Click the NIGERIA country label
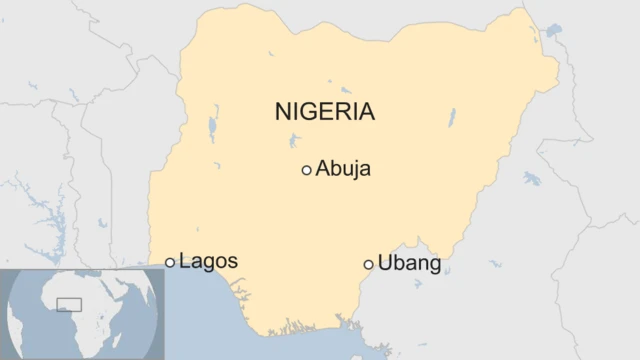coord(325,111)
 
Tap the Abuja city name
coord(343,169)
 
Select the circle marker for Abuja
coord(306,170)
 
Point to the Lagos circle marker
coord(170,263)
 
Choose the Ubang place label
coord(409,264)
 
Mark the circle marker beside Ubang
coord(369,264)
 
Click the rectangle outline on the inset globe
coord(70,303)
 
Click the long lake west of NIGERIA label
coord(212,129)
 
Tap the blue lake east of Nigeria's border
coord(531,179)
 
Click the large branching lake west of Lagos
coord(40,216)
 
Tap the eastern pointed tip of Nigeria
coord(557,67)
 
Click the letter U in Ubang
coord(385,264)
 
